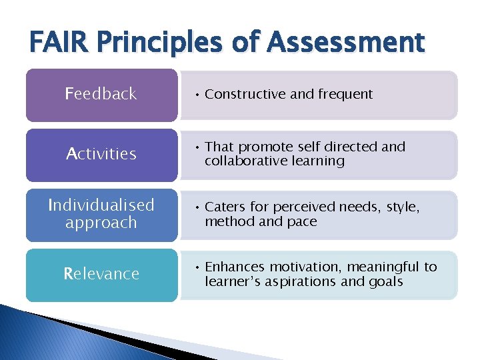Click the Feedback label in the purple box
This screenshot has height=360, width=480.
[101, 94]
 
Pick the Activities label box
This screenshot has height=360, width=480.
[101, 154]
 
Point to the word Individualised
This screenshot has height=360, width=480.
[101, 205]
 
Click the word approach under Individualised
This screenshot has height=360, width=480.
[101, 223]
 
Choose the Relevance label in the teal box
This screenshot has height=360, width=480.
[101, 274]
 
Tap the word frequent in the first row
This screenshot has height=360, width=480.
[345, 95]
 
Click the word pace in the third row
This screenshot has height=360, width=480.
[302, 221]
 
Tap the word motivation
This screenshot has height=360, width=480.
[300, 267]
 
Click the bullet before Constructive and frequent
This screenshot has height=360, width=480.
[197, 95]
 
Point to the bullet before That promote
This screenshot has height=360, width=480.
[197, 147]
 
